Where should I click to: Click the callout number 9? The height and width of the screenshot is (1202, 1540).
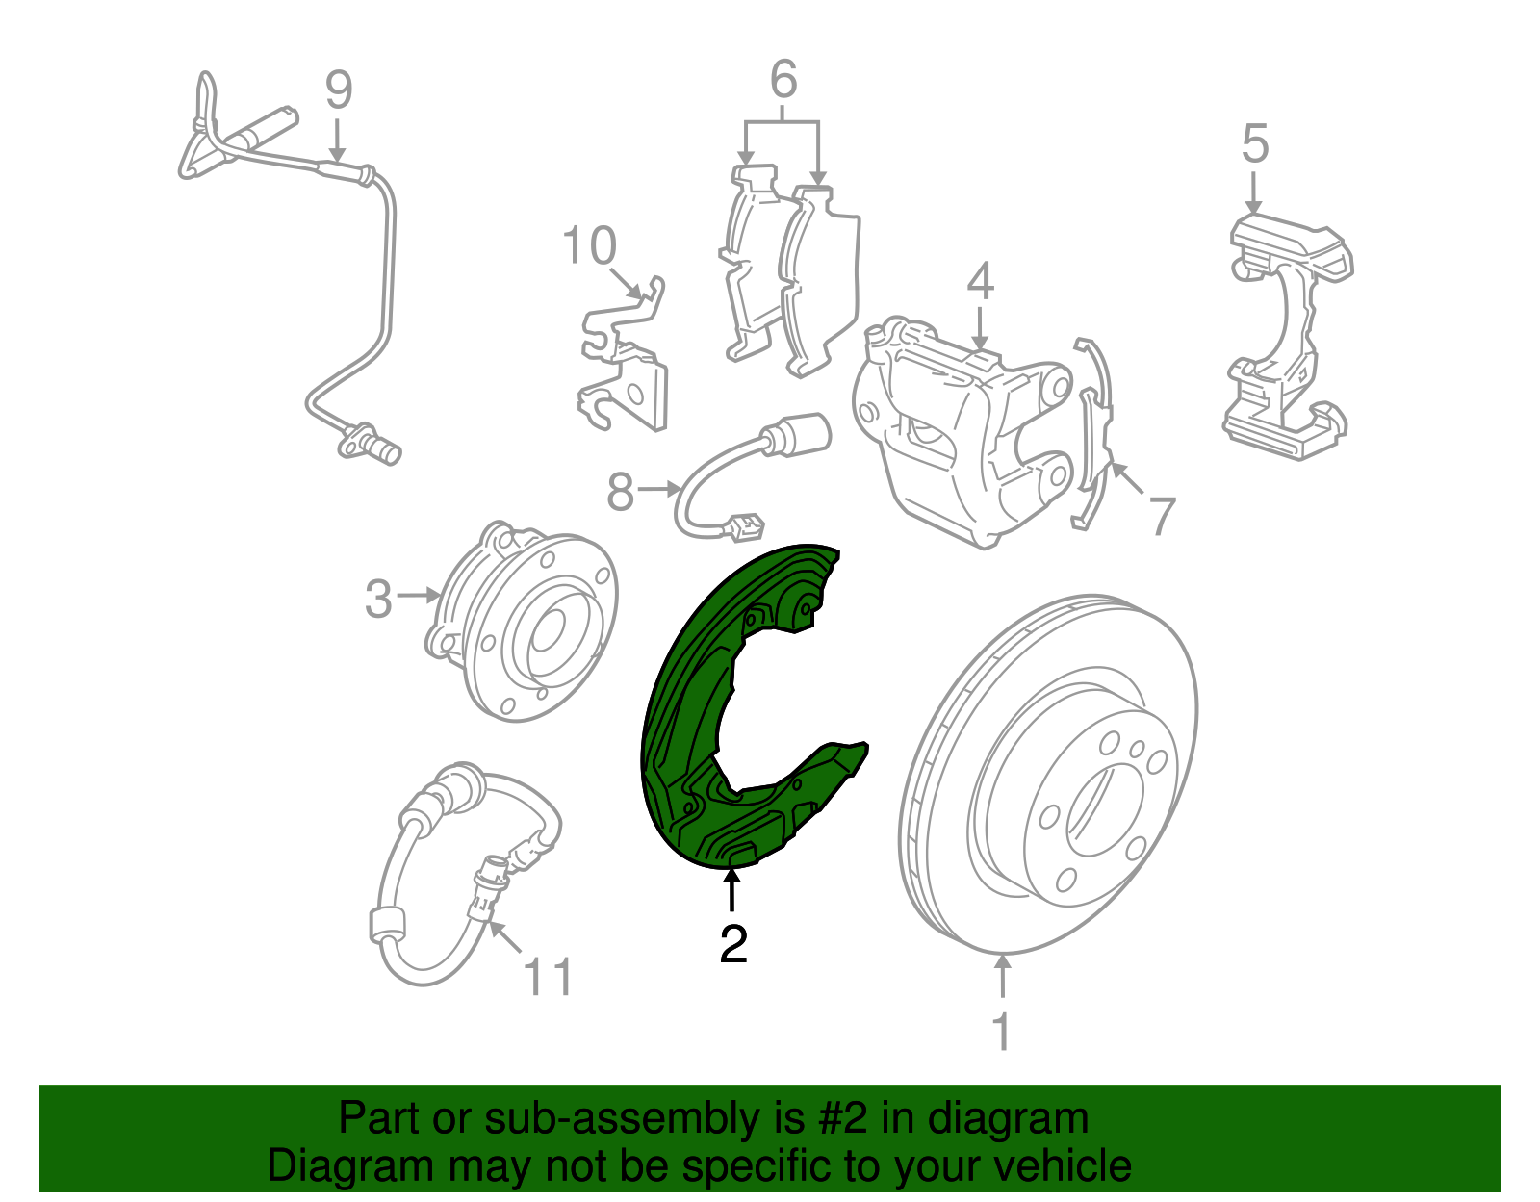[338, 90]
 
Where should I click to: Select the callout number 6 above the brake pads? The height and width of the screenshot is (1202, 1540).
[783, 79]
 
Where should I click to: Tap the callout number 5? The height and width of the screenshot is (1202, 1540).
[1254, 143]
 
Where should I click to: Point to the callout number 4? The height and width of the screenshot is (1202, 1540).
[980, 280]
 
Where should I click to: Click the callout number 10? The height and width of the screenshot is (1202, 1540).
[590, 245]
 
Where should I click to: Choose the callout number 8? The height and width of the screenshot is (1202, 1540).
[620, 492]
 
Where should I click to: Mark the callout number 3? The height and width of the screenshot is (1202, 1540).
[377, 599]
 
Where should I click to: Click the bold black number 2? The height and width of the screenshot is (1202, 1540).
[733, 943]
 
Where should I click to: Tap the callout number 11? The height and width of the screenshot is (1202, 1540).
[547, 978]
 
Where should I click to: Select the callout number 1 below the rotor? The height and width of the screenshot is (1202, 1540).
[1002, 1031]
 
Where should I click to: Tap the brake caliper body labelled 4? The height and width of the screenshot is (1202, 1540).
[963, 432]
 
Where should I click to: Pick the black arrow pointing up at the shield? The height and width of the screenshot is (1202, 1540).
[732, 892]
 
